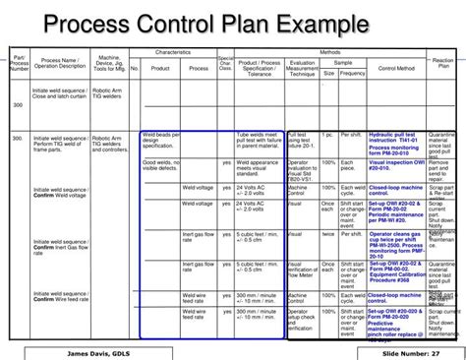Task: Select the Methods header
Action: coord(330,50)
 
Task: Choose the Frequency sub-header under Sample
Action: coord(352,74)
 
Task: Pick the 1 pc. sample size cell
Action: coord(329,135)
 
